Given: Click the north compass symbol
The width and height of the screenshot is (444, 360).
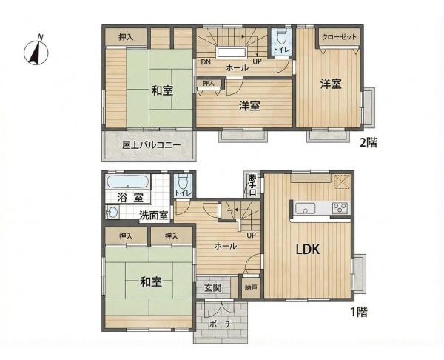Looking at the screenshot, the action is [x=36, y=51].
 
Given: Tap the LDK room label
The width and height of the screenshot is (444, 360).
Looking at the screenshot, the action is [x=308, y=250].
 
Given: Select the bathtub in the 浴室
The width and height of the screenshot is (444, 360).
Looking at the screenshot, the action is [x=127, y=181].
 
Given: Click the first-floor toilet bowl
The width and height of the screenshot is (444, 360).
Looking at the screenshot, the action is [x=184, y=181].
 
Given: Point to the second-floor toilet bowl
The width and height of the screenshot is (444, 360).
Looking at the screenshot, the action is [x=281, y=36].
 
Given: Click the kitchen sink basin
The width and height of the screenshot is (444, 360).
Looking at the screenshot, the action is [x=306, y=209].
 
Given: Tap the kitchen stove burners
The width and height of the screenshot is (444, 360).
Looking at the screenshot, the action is [x=340, y=208].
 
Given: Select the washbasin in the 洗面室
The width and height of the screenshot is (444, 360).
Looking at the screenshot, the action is [x=112, y=213].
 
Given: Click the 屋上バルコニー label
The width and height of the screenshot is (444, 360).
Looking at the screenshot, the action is [x=151, y=145].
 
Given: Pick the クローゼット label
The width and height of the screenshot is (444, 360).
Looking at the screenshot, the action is [x=339, y=37].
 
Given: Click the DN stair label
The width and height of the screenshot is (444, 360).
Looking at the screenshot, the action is [x=206, y=61].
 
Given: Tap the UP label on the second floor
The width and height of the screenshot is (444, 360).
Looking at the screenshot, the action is [x=257, y=61].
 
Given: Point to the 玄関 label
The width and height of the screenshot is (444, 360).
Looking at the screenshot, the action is [x=212, y=288].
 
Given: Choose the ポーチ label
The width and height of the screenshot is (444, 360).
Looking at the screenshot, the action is [x=221, y=324].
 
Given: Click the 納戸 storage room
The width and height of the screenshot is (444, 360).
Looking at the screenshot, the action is [x=251, y=287].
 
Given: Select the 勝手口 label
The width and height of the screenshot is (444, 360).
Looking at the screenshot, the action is [x=253, y=185].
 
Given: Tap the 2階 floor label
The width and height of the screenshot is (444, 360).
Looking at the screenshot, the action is [x=368, y=142].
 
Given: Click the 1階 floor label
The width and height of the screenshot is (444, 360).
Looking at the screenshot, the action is [x=359, y=312].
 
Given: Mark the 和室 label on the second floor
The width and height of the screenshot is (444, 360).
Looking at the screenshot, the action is [x=162, y=90].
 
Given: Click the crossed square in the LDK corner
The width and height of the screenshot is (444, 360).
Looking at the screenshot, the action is [x=342, y=181].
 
